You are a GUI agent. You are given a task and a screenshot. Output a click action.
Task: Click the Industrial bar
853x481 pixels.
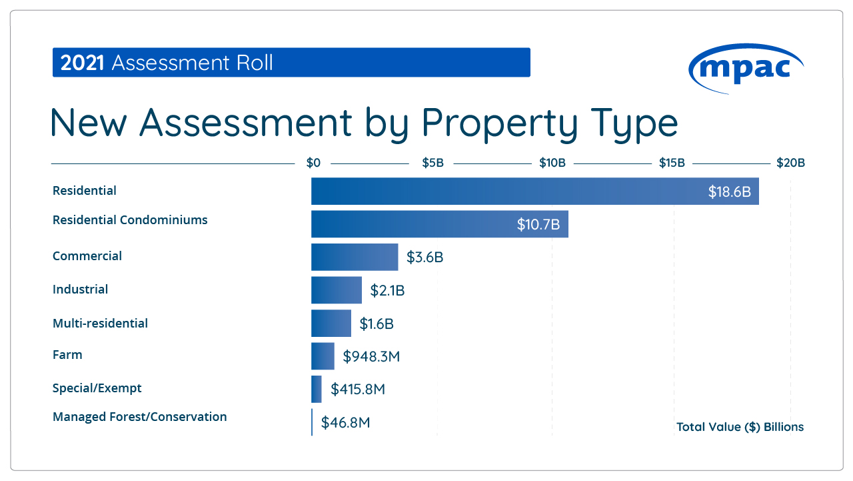click(x=337, y=290)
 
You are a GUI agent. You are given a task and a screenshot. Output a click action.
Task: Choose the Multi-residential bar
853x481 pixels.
click(x=331, y=324)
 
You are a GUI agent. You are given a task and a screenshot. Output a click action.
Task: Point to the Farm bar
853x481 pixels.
click(x=323, y=356)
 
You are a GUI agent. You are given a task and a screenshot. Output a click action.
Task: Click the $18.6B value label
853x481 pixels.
click(x=729, y=192)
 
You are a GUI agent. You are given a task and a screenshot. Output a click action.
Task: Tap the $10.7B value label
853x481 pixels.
click(x=538, y=225)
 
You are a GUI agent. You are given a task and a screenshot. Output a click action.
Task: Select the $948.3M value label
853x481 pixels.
click(x=371, y=356)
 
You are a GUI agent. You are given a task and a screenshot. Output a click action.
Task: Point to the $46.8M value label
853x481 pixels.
click(x=345, y=422)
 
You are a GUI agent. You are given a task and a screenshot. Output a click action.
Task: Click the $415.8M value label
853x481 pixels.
click(x=357, y=389)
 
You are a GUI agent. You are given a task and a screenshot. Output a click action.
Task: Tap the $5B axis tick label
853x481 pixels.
click(x=432, y=163)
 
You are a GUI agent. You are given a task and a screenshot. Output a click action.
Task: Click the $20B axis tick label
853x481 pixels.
click(x=790, y=163)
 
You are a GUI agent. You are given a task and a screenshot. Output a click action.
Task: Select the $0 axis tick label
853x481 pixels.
click(x=313, y=163)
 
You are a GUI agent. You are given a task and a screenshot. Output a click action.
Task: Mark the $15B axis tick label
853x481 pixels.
click(x=672, y=163)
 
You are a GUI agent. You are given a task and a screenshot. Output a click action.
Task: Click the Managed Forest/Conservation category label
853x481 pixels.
click(x=139, y=417)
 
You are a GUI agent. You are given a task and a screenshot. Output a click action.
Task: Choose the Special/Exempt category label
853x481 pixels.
click(x=97, y=388)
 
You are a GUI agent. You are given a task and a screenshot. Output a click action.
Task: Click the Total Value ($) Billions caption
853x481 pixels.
click(x=740, y=427)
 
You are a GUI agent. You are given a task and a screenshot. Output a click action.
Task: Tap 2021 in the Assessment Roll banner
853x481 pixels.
click(x=83, y=63)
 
